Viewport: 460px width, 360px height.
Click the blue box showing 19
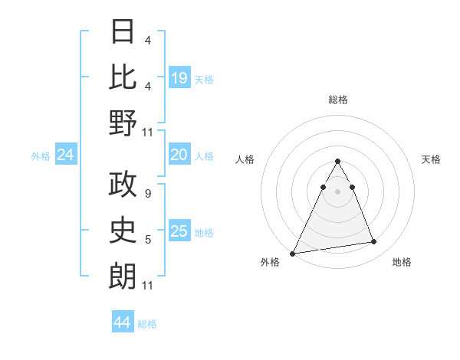click(179, 78)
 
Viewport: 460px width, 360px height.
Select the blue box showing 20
click(179, 155)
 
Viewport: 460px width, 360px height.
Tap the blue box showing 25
click(179, 232)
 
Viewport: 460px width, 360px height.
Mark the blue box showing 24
click(66, 155)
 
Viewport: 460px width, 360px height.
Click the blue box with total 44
click(123, 322)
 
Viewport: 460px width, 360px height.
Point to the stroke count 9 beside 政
click(147, 195)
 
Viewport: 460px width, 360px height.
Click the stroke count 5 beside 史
click(147, 240)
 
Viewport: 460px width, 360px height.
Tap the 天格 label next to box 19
click(204, 79)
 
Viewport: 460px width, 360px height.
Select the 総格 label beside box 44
click(147, 324)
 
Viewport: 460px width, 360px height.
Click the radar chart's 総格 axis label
click(337, 100)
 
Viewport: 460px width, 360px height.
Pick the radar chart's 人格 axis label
click(246, 159)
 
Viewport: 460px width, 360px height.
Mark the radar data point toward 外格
click(293, 253)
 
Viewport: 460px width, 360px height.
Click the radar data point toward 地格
click(374, 242)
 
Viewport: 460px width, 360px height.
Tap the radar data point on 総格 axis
click(337, 162)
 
